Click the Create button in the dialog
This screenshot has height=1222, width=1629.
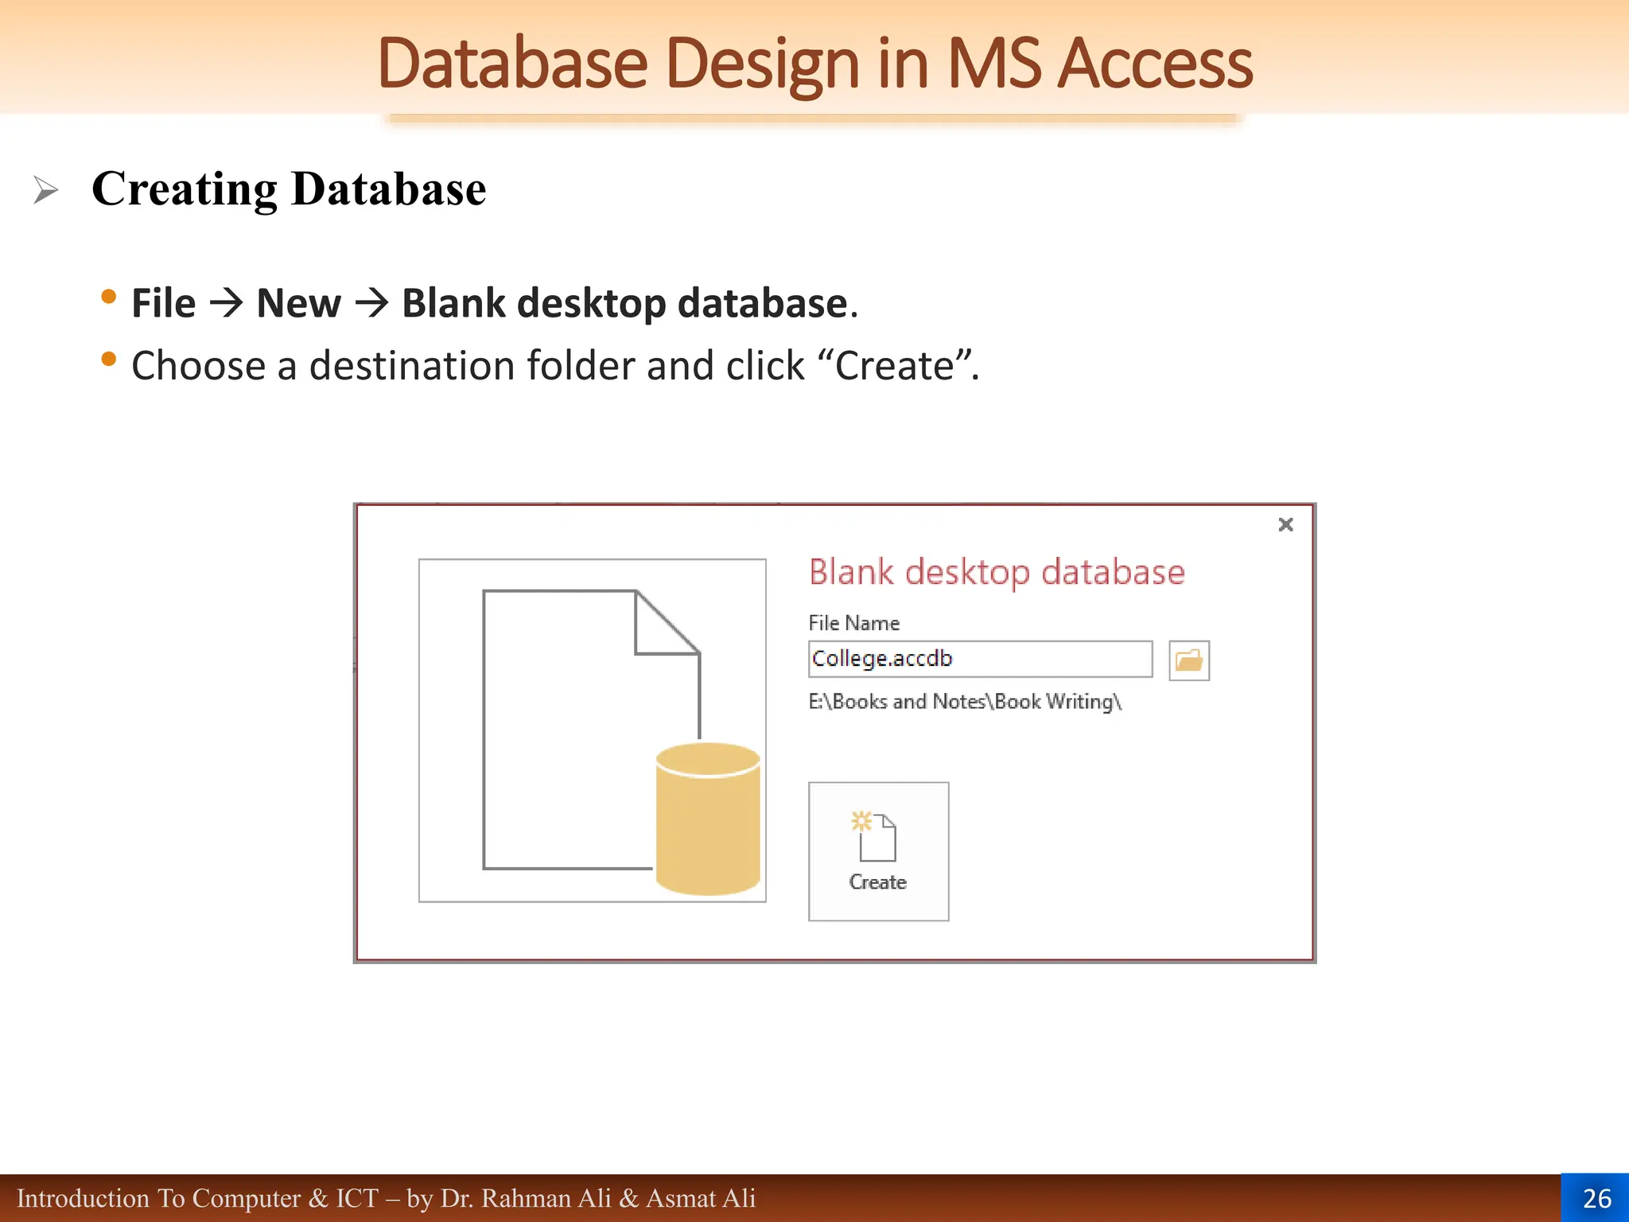coord(878,850)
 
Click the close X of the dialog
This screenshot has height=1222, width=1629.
coord(1285,524)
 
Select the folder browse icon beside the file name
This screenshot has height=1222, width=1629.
coord(1188,660)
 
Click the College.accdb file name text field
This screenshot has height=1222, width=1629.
coord(979,659)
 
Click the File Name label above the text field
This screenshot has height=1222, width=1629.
coord(853,623)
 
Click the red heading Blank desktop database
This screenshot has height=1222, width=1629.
coord(996,572)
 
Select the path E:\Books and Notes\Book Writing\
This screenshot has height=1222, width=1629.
coord(964,702)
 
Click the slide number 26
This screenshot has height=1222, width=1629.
coord(1596,1198)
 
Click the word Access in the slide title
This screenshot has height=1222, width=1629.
coord(1155,64)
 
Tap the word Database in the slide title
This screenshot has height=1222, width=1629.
coord(512,64)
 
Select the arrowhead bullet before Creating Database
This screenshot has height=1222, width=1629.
coord(45,190)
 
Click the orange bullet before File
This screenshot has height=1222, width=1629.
coord(109,298)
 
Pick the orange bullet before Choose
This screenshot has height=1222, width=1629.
coord(109,360)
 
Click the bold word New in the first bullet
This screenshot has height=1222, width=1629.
coord(298,303)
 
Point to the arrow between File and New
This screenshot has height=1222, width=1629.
coord(227,303)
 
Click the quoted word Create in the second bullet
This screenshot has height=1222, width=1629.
coord(894,366)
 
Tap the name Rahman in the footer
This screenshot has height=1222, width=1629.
coord(525,1198)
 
